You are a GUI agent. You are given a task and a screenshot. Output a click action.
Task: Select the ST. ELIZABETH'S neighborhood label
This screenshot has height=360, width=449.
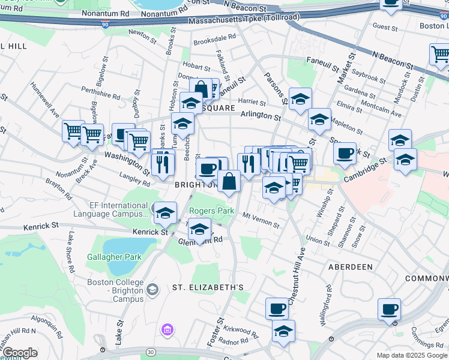coord(208,287)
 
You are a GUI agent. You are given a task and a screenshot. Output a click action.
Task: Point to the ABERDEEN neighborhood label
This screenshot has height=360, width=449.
coord(350,266)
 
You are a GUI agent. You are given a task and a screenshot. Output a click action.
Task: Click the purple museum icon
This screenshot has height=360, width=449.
coord(166,329)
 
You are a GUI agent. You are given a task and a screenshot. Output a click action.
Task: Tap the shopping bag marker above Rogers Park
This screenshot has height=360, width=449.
coord(229,181)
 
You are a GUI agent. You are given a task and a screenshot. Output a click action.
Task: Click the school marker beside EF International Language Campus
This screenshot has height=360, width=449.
coord(164,212)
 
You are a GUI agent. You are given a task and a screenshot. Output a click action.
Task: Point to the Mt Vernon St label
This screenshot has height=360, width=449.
coord(261,220)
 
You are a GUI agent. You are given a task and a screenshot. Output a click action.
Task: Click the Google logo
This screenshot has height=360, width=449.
coord(20,353)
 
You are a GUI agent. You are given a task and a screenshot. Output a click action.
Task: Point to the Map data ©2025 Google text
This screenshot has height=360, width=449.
coord(411,355)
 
